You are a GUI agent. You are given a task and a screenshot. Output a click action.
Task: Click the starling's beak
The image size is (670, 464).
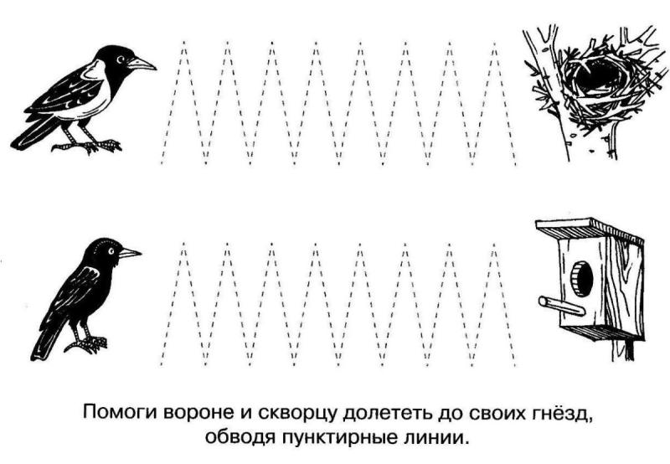pos(129,252)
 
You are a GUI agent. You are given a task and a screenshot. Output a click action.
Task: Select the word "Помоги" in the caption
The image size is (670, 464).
pos(117,414)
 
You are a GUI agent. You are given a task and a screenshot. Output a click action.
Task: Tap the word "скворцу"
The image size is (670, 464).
pos(289,414)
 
